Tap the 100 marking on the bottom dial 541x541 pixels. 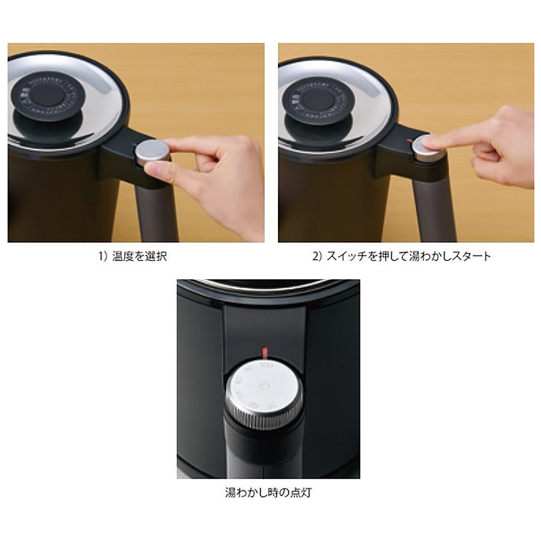(265, 366)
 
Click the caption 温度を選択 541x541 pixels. (140, 256)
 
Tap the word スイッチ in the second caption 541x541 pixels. (347, 256)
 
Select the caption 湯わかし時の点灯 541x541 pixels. (269, 493)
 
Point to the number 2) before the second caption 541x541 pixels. (318, 256)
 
